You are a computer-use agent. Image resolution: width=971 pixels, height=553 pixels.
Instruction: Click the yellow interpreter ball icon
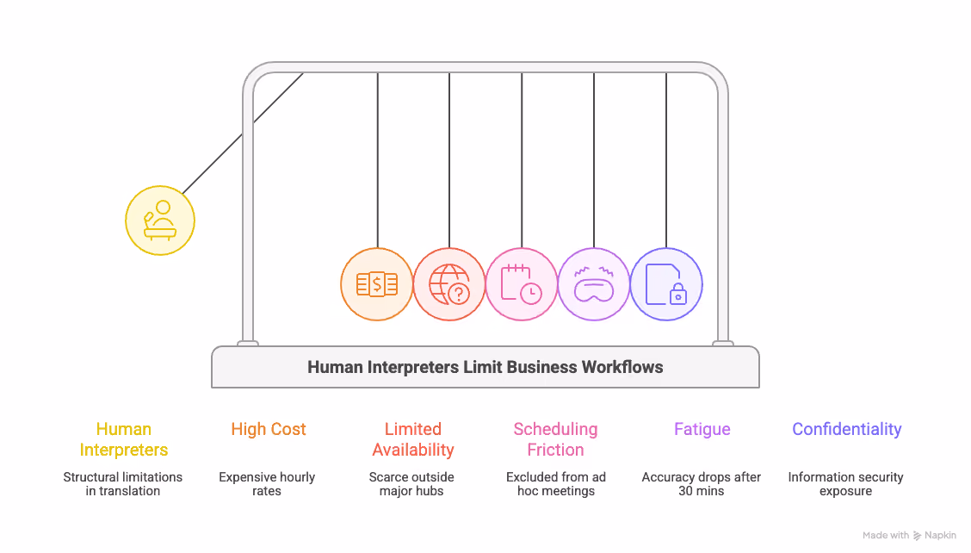pos(160,221)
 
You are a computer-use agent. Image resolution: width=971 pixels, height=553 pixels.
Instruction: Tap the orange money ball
pos(376,284)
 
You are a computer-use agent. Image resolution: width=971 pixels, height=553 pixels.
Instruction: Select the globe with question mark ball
pos(449,284)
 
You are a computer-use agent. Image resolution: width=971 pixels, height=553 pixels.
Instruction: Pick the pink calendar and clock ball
pos(522,284)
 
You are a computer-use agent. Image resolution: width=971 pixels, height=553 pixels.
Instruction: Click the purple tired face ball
pos(594,284)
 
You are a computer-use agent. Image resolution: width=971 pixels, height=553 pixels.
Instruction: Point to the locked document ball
pos(666,284)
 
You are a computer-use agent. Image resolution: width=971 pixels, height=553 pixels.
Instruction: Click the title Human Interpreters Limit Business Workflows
pos(485,367)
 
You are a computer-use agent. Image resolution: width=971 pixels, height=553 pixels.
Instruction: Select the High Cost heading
pos(268,429)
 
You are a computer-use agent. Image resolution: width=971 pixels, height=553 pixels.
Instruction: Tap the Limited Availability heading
pos(413,439)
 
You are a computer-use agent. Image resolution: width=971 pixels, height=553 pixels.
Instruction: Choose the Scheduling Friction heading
pos(555,439)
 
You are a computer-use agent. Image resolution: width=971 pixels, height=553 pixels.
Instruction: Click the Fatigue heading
pos(702,429)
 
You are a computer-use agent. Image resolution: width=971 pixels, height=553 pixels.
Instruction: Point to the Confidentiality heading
pos(846,429)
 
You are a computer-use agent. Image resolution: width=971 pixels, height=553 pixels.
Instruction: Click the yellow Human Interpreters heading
pos(124,439)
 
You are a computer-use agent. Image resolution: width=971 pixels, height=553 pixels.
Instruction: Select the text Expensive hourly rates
pos(267,483)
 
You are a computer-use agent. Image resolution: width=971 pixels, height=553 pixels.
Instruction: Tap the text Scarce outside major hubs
pos(411,483)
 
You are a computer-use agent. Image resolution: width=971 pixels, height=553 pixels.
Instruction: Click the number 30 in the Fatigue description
pos(685,491)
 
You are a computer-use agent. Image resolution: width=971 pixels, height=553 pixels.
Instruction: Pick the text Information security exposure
pos(846,483)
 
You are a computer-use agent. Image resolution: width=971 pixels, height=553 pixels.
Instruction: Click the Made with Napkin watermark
pos(909,535)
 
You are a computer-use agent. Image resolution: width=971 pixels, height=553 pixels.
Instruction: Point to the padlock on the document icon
pos(678,295)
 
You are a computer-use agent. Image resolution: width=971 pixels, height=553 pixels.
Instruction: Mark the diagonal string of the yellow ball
pos(242,134)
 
